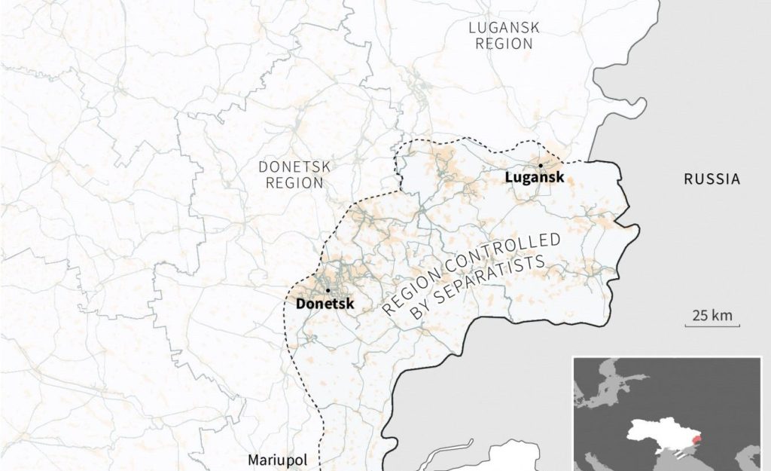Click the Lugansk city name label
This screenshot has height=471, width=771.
click(x=535, y=179)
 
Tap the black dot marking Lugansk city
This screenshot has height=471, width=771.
click(x=541, y=165)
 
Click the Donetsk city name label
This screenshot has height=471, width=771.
click(x=325, y=304)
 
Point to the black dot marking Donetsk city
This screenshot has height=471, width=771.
click(x=328, y=291)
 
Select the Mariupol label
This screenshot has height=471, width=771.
click(x=276, y=460)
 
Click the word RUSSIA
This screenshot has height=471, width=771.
click(x=712, y=179)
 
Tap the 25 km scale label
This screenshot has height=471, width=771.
click(x=712, y=316)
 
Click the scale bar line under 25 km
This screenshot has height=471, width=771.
click(x=712, y=326)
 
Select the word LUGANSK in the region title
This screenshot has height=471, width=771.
click(x=504, y=28)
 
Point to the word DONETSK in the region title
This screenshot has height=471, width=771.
click(x=294, y=166)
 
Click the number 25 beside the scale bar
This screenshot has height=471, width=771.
click(x=700, y=316)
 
